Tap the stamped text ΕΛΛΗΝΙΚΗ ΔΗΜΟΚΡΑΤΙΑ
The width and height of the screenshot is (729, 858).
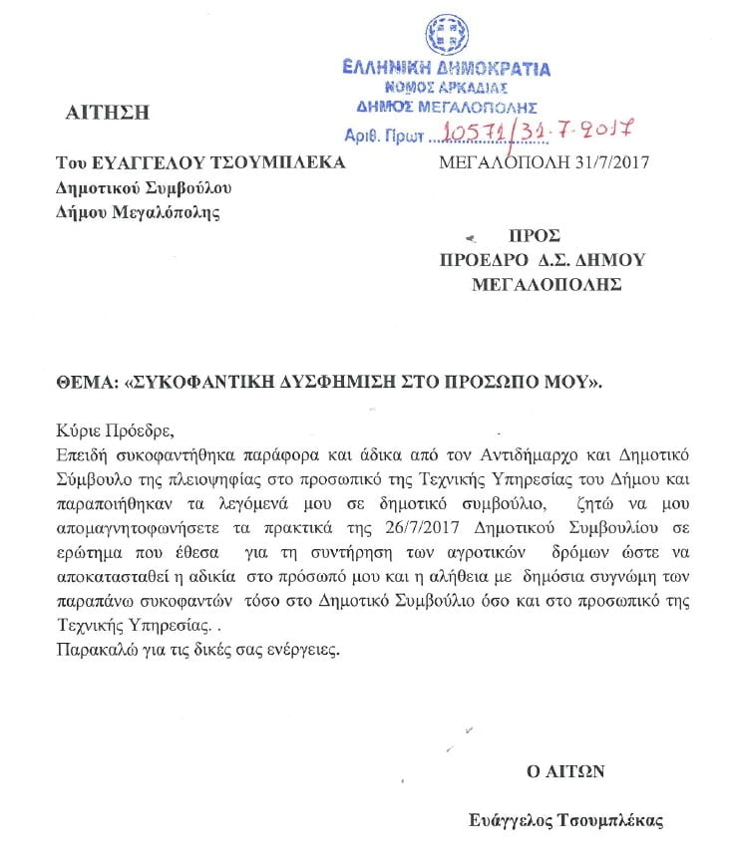point(446,69)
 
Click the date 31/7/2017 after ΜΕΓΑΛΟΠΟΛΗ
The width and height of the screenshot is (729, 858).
point(607,162)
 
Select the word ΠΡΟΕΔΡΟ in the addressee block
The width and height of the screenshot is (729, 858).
point(484,260)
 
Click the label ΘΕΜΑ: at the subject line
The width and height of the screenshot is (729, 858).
point(84,382)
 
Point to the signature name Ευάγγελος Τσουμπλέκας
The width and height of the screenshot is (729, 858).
point(565,821)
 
